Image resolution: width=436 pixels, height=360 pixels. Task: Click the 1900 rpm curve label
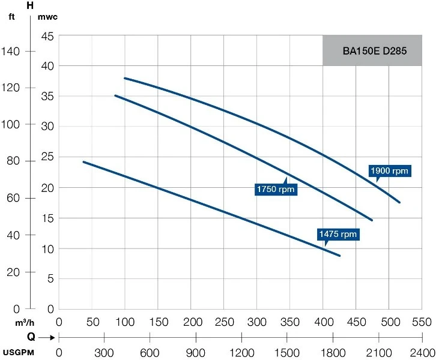[x=390, y=171]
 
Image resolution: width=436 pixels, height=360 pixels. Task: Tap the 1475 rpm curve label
[x=338, y=234]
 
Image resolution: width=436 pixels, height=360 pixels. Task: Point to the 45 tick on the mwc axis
[x=47, y=36]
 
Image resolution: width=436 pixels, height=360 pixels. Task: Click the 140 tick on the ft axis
[x=13, y=52]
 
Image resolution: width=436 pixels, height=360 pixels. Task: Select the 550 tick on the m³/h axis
[x=422, y=322]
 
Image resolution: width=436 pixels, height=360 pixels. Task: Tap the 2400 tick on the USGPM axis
[x=422, y=352]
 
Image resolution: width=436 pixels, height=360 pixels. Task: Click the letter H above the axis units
[x=30, y=5]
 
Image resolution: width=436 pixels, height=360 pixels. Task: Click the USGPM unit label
[x=17, y=352]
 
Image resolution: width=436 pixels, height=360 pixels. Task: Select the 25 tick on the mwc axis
[x=47, y=157]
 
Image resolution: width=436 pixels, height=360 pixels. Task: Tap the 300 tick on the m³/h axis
[x=256, y=322]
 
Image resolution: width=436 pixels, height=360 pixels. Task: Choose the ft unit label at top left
[x=11, y=16]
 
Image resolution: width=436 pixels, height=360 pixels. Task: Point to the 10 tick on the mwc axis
[x=47, y=248]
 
